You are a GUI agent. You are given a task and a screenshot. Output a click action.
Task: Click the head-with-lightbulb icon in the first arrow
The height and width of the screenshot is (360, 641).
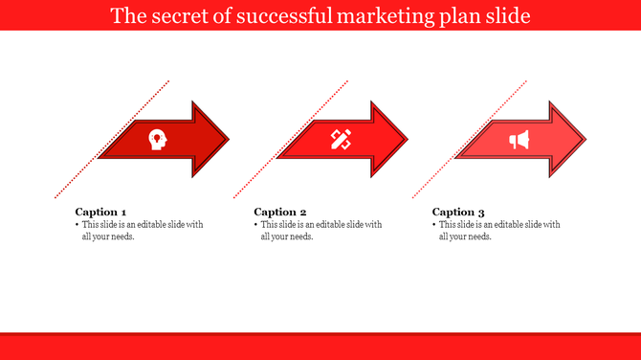coord(156,140)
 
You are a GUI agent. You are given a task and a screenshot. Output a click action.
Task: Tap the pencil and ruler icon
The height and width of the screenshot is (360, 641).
coord(341,140)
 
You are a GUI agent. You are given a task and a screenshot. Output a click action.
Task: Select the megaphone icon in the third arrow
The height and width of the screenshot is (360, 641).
coord(519,141)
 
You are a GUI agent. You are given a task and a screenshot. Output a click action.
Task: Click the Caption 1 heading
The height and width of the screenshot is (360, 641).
coord(100,212)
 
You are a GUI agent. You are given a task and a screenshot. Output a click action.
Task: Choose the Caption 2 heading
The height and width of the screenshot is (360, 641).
coord(279,212)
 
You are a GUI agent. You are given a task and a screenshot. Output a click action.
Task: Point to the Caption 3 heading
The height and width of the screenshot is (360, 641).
coord(458,212)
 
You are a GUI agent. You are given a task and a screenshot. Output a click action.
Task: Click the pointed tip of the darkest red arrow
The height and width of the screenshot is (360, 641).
coord(229,140)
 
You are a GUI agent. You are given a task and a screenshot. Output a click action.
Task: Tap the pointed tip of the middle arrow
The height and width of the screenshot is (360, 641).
coord(407,140)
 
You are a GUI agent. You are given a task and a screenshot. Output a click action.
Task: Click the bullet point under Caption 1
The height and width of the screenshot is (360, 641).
coord(77,225)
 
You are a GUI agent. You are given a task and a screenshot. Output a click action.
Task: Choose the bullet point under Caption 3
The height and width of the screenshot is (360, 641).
coord(433,225)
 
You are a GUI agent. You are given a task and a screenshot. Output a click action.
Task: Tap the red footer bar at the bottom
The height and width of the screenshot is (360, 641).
coord(320,346)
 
